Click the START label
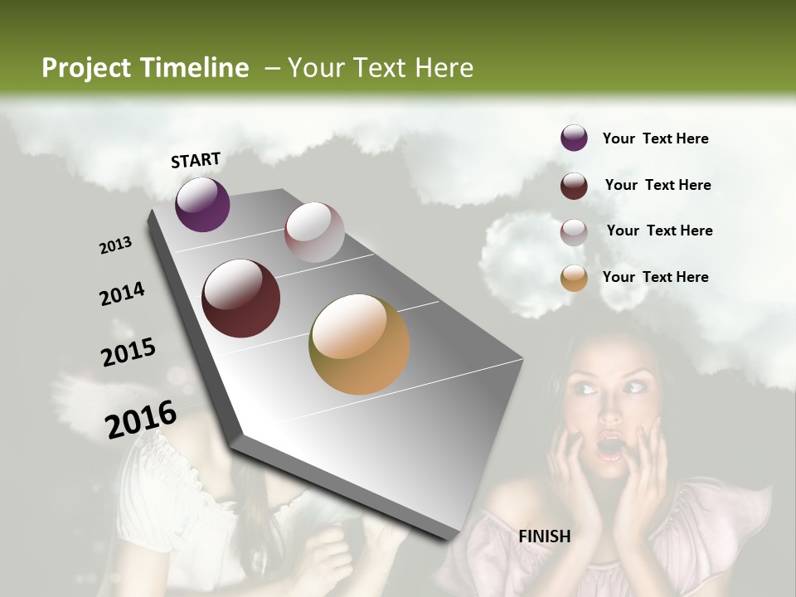[x=196, y=160]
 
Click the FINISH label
[x=545, y=536]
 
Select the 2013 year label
[x=115, y=245]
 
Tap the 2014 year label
[x=122, y=294]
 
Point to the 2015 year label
[x=129, y=352]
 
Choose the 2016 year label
[x=141, y=420]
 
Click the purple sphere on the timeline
[x=202, y=204]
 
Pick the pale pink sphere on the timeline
[x=314, y=232]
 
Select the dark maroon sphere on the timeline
[x=241, y=298]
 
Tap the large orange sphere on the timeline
[x=359, y=344]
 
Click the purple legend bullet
[x=574, y=138]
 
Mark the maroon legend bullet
[x=574, y=186]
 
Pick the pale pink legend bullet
[x=574, y=232]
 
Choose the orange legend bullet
[x=574, y=278]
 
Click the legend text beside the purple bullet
[x=655, y=138]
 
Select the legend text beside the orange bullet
[x=655, y=277]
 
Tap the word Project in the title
[x=87, y=68]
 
